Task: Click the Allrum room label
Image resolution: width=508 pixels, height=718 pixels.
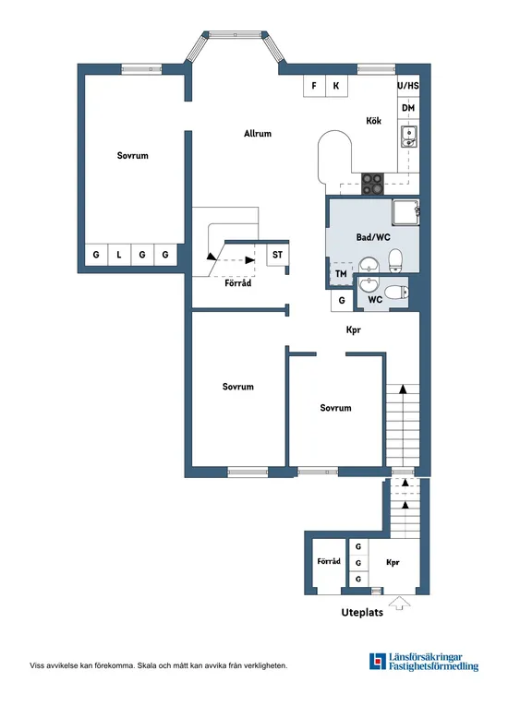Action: [x=258, y=134]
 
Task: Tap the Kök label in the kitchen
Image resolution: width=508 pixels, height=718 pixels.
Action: [x=373, y=121]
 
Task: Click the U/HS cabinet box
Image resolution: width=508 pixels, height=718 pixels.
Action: [x=408, y=86]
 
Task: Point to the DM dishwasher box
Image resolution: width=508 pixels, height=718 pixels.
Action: [x=408, y=108]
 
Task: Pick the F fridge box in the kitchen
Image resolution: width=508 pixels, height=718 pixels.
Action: [x=315, y=86]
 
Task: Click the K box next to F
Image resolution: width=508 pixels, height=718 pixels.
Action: [x=336, y=86]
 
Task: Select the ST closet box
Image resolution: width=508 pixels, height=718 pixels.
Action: [x=276, y=254]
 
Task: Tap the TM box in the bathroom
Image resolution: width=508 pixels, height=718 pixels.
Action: [x=341, y=274]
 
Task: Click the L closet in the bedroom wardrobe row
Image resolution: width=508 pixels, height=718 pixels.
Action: [x=119, y=255]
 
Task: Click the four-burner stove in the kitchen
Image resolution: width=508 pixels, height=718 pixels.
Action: [x=373, y=184]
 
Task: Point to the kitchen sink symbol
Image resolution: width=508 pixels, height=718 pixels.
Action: [x=408, y=138]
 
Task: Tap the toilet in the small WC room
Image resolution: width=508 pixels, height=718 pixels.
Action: [x=395, y=293]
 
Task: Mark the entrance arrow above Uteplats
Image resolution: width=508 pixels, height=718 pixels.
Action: [x=399, y=604]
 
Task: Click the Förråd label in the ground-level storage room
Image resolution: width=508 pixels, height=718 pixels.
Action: [x=329, y=561]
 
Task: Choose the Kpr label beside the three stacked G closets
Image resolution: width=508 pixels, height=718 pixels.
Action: [x=393, y=561]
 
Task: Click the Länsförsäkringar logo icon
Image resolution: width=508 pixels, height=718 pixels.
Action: [x=377, y=662]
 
